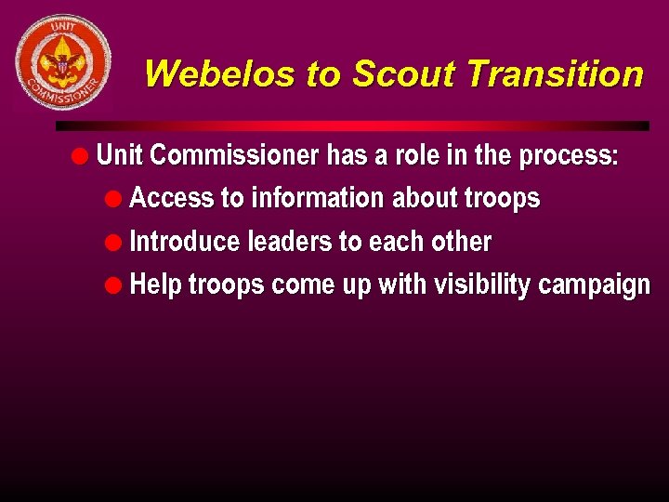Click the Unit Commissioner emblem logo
(63, 62)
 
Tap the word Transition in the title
(556, 73)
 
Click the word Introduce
(185, 242)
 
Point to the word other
(461, 242)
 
